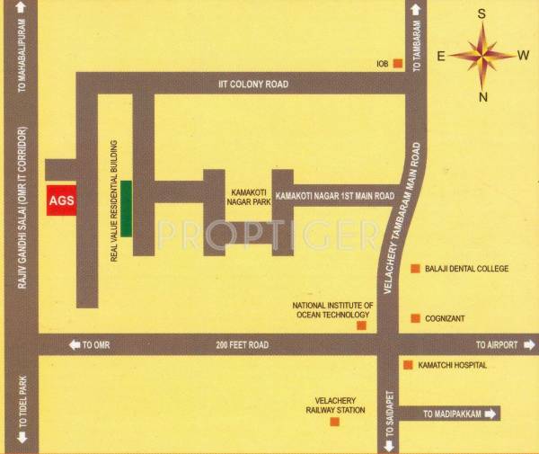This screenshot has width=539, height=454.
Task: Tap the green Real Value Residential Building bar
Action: (x=127, y=209)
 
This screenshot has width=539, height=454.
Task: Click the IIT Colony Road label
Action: (x=252, y=84)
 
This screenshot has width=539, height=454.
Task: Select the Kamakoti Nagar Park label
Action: (x=237, y=197)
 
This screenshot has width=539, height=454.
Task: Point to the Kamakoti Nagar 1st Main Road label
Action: (x=335, y=195)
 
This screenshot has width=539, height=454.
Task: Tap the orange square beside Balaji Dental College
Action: (x=415, y=269)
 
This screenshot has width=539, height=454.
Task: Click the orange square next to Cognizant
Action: (x=415, y=317)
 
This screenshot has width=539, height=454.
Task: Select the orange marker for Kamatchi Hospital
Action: (x=408, y=366)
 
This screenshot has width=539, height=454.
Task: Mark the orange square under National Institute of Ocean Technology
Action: (x=361, y=325)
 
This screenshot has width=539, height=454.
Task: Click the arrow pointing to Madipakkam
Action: (x=490, y=414)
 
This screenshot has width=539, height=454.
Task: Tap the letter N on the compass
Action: (x=483, y=97)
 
